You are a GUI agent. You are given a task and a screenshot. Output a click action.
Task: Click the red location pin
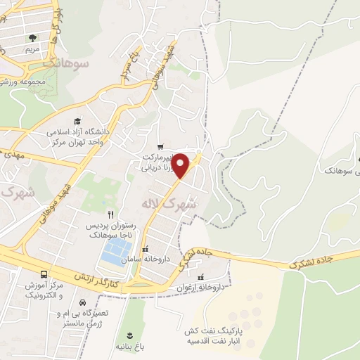[x=182, y=165]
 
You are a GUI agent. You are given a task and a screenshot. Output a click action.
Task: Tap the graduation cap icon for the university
[x=77, y=121]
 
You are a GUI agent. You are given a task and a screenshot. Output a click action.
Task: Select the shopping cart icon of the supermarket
[x=161, y=147]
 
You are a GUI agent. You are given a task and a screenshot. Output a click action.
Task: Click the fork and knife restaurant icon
[x=110, y=214]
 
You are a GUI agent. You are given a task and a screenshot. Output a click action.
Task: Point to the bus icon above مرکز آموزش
[x=45, y=274]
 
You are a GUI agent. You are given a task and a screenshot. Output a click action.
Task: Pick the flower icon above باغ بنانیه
[x=130, y=335]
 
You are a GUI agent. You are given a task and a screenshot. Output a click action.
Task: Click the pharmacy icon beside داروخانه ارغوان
[x=202, y=276]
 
